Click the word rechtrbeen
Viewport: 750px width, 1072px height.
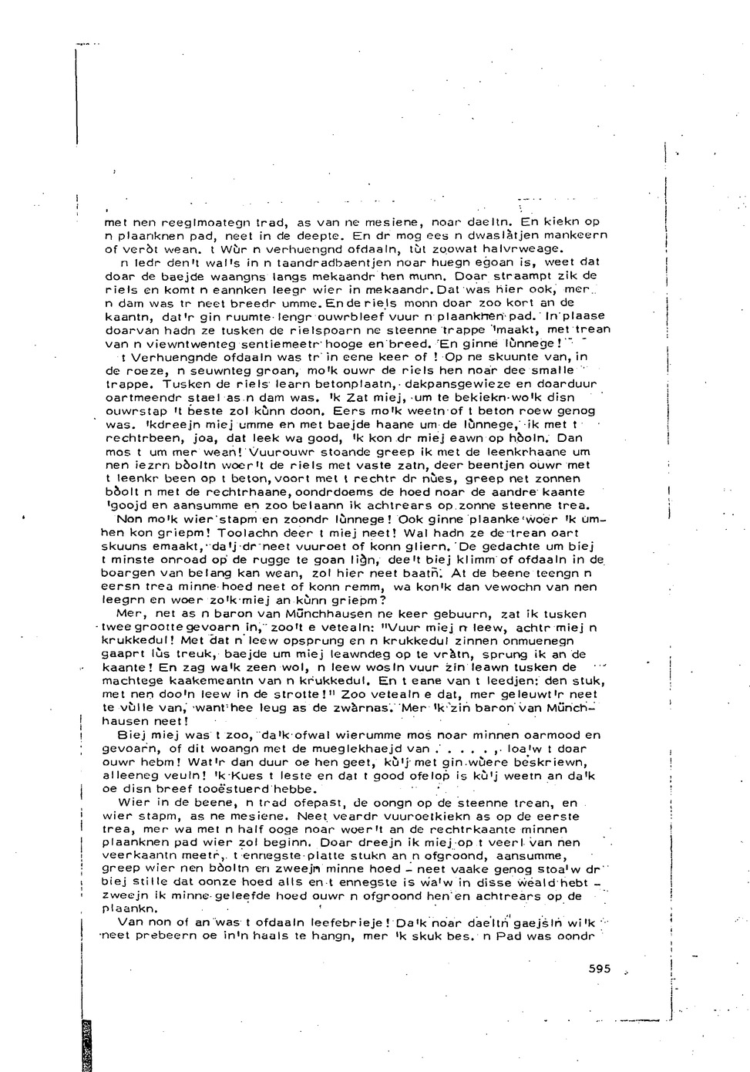[x=135, y=437]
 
